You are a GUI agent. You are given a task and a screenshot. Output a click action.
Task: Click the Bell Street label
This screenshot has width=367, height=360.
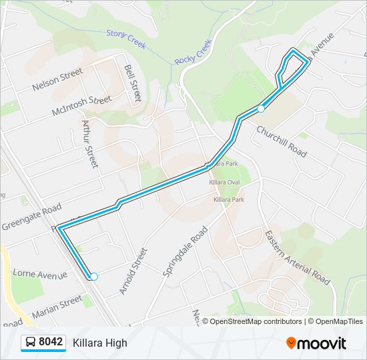pos(133,82)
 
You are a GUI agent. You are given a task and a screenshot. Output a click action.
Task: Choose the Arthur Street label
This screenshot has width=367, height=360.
pos(89,143)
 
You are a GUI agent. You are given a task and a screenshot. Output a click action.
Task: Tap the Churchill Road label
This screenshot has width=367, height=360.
pos(282,141)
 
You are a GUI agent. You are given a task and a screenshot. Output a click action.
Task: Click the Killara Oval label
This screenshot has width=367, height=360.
pos(224,182)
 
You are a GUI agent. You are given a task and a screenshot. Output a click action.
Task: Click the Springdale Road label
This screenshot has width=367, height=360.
pos(186,251)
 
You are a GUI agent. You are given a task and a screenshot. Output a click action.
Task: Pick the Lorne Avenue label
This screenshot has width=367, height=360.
pos(39,275)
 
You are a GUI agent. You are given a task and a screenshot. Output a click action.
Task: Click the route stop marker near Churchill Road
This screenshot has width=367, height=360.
pos(262,108)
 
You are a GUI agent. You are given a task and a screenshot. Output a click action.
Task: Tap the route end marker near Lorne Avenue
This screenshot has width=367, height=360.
pos(94,277)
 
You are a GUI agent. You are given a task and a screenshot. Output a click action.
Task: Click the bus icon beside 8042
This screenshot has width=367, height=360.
pos(30,343)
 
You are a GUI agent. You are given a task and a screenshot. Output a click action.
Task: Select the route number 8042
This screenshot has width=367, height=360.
pos(51,343)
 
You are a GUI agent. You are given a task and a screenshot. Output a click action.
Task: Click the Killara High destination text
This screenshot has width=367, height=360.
pos(100,343)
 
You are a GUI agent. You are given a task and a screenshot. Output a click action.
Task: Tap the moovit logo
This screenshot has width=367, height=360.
pos(316,343)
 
